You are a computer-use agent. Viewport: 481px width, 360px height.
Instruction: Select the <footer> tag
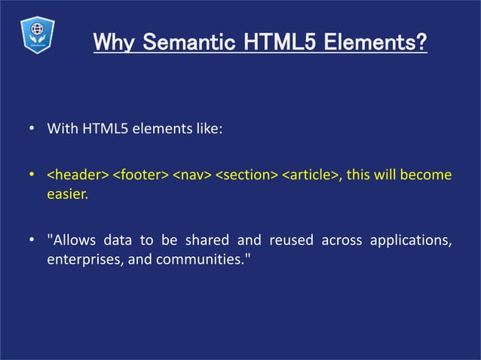point(140,175)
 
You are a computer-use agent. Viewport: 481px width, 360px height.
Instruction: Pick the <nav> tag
point(191,175)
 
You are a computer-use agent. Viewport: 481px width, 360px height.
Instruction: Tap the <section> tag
point(247,175)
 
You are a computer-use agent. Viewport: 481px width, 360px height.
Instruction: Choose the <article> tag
point(309,175)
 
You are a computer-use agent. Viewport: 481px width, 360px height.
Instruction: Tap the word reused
point(287,241)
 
